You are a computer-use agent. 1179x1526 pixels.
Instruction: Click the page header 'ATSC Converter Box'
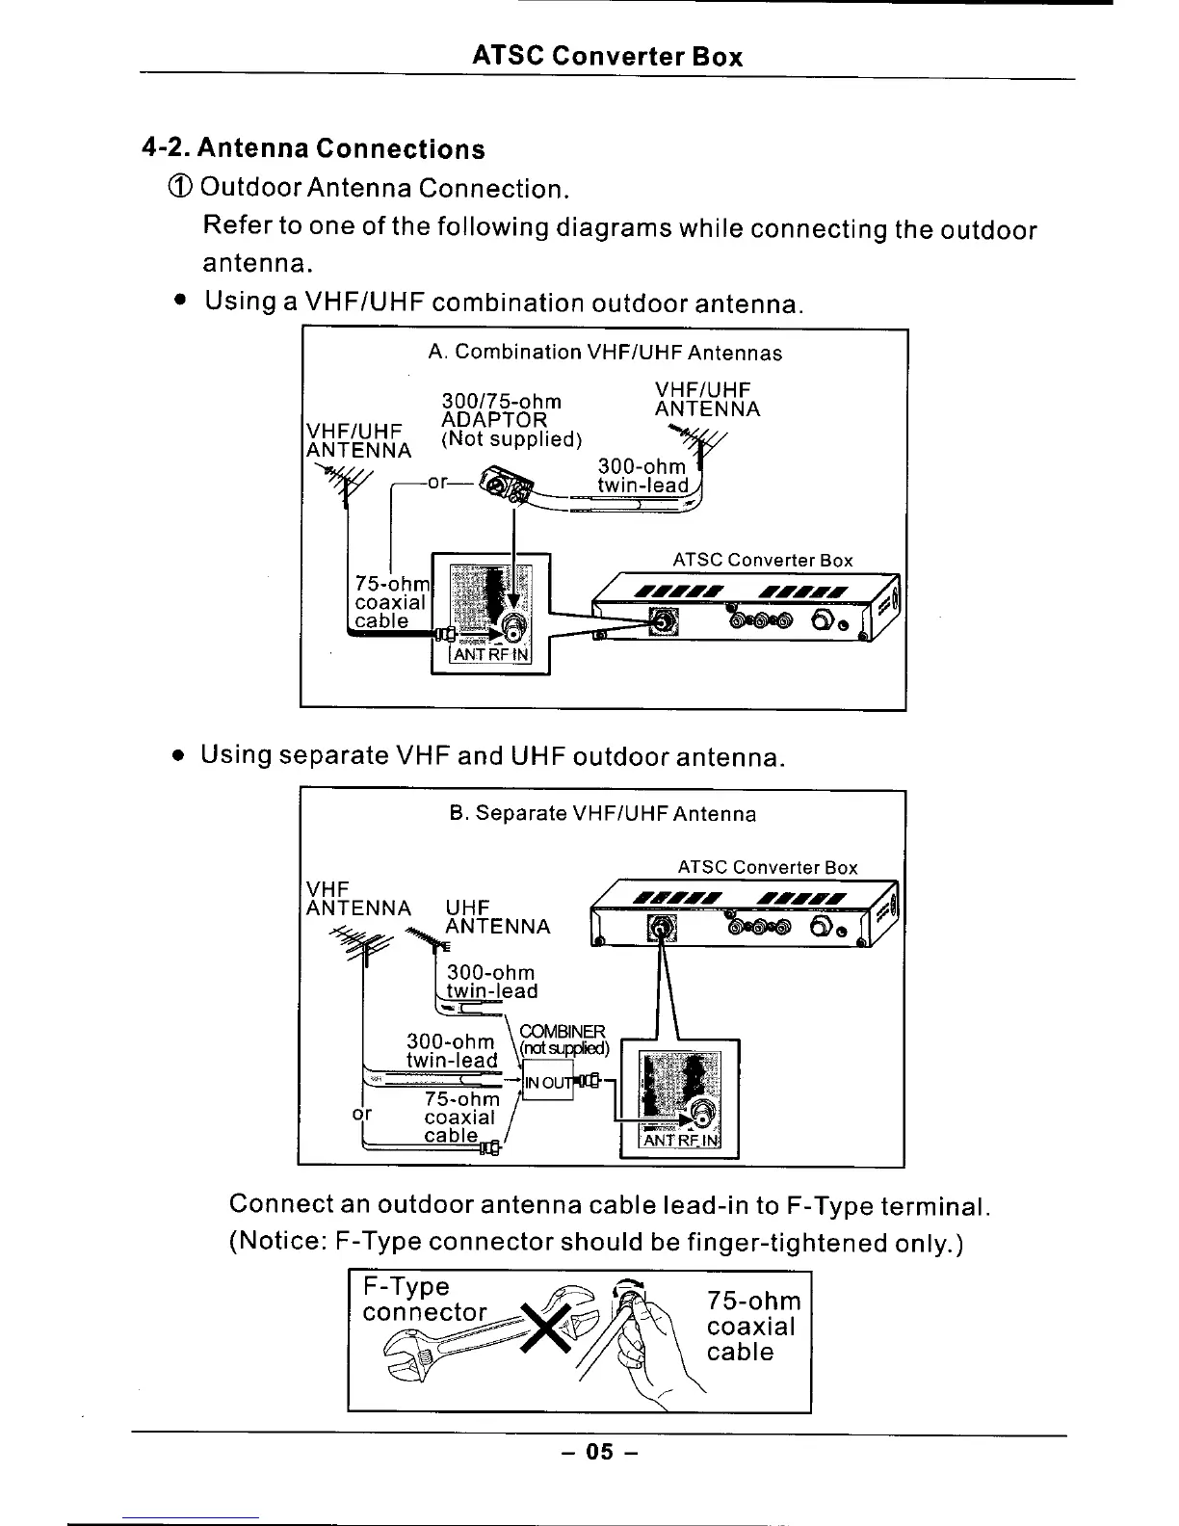(607, 56)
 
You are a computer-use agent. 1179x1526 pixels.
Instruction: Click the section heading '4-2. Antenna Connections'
(314, 149)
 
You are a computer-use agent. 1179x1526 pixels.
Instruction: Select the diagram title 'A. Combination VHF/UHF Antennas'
(605, 353)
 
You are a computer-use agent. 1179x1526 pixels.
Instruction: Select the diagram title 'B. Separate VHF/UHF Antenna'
(603, 814)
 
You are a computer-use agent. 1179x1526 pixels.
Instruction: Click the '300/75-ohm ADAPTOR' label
(501, 411)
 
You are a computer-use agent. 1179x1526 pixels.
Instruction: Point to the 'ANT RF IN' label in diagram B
(680, 1141)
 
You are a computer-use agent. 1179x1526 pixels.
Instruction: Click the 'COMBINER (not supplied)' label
(563, 1039)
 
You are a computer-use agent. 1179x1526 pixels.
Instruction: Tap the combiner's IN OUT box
(547, 1082)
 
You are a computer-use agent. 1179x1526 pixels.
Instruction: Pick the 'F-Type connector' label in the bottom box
(424, 1300)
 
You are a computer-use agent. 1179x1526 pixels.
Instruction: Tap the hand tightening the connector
(656, 1344)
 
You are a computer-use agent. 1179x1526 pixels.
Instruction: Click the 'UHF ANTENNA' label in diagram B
(497, 917)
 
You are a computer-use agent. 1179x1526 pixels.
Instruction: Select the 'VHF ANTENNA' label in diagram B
(357, 898)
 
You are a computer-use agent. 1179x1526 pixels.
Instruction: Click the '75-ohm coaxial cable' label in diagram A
(390, 602)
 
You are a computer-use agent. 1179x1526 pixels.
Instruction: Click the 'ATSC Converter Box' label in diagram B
(767, 867)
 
